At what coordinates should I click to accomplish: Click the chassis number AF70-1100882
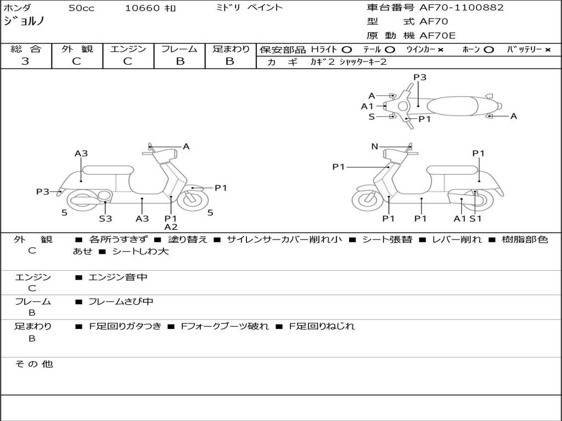(462, 7)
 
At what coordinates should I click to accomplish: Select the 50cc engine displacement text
(81, 8)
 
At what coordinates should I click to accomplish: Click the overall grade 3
(25, 61)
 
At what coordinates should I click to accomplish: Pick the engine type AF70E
(437, 36)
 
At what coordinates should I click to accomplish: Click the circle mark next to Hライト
(346, 50)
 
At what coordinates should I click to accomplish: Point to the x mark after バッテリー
(548, 50)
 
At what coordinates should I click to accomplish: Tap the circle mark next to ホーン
(488, 50)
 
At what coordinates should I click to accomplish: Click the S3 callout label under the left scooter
(105, 218)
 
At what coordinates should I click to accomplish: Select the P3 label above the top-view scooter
(420, 77)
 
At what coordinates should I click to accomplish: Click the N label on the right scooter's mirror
(374, 146)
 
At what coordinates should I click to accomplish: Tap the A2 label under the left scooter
(171, 226)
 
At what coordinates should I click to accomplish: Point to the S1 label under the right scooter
(475, 218)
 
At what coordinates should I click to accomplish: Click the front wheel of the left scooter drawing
(193, 201)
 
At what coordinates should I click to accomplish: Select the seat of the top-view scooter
(452, 106)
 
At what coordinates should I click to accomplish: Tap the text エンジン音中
(118, 277)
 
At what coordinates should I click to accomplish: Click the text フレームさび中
(121, 301)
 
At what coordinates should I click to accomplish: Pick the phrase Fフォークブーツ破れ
(224, 326)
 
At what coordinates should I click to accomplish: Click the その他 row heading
(34, 364)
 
